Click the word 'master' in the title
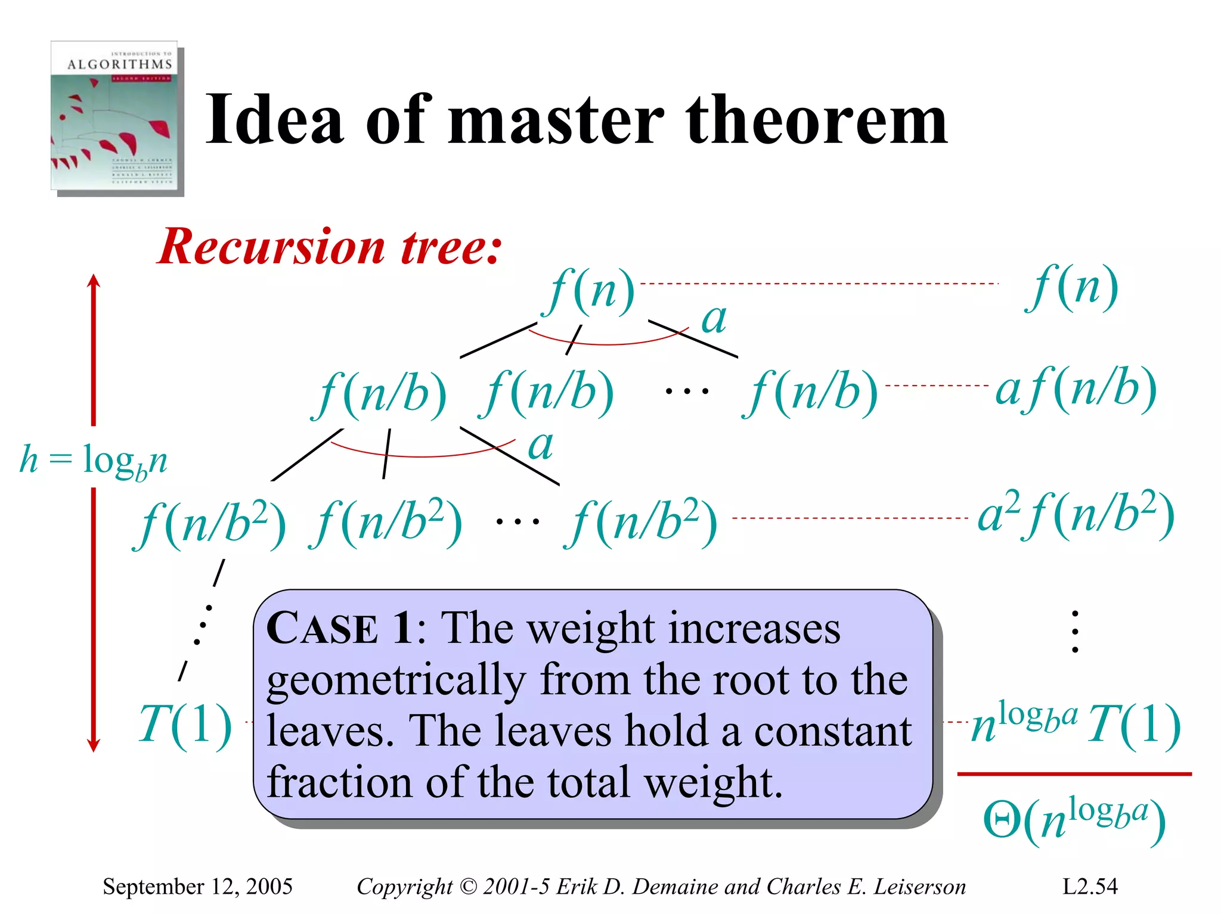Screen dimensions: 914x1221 [x=556, y=120]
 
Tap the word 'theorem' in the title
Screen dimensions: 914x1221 [x=816, y=120]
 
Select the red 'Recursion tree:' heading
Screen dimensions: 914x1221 [x=330, y=247]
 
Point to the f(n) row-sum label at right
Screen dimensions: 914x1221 [x=1072, y=288]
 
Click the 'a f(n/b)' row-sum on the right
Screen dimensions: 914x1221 [x=1076, y=390]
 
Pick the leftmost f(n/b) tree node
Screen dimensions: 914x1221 [x=380, y=394]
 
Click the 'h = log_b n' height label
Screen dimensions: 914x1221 [x=94, y=460]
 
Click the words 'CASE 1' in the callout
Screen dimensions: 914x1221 [x=339, y=629]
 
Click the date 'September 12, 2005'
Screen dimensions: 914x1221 [x=197, y=887]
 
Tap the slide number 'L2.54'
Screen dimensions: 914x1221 [x=1090, y=887]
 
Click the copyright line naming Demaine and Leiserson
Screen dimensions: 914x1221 [x=661, y=887]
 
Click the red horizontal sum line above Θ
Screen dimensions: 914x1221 [x=1074, y=774]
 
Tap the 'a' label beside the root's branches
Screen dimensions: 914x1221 [x=714, y=319]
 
